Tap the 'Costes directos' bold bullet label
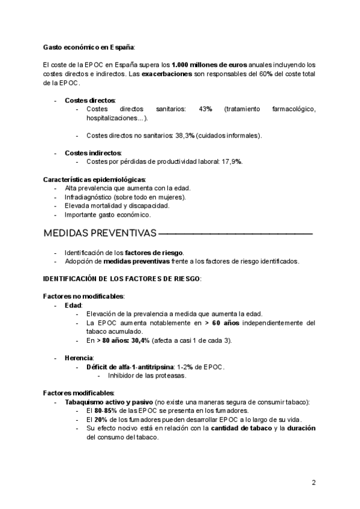point(90,100)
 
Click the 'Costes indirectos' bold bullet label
point(93,152)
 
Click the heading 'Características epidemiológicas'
point(94,179)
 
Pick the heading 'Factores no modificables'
point(84,297)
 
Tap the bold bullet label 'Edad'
point(73,306)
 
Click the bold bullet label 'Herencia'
point(79,358)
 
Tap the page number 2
point(313,483)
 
